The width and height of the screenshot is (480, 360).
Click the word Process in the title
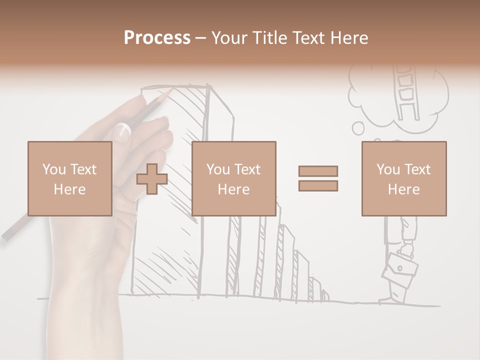157,37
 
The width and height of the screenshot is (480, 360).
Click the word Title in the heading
267,37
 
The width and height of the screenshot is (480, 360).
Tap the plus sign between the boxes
152,178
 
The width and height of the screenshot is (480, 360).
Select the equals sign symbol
318,178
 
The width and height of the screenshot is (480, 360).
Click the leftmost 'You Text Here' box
69,178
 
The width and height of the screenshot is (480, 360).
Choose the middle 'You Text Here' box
233,178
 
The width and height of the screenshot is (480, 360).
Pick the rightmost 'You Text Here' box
403,178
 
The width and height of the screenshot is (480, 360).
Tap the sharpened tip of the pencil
171,90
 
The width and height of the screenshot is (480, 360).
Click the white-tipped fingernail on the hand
122,132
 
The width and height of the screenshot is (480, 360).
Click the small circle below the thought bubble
358,128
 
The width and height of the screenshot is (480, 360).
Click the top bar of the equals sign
318,171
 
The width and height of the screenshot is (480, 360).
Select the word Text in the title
308,37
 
